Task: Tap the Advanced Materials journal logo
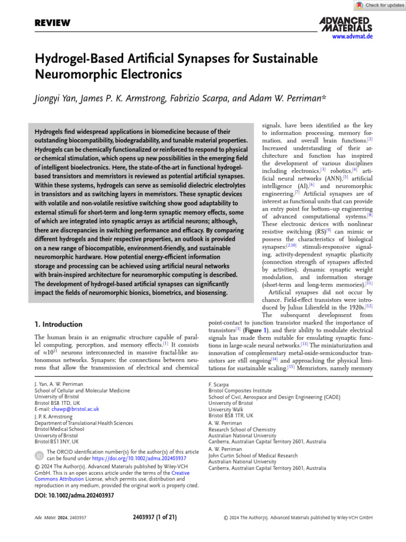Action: (x=346, y=24)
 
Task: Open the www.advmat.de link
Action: (x=352, y=37)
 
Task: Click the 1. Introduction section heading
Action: (x=58, y=324)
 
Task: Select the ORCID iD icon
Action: (x=40, y=455)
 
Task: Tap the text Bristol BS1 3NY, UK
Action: (x=56, y=441)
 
